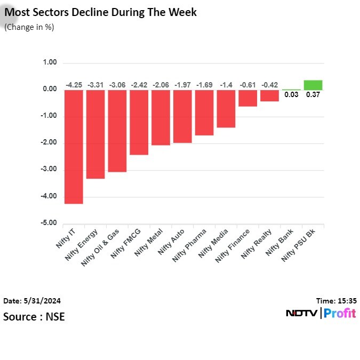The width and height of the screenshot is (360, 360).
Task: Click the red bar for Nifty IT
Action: tap(74, 147)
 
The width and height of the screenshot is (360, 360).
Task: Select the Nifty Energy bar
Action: tap(95, 134)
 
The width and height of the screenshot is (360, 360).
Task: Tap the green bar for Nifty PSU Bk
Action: tap(313, 85)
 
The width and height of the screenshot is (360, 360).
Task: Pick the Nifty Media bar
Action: tap(226, 109)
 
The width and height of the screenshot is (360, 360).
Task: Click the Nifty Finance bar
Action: tap(248, 98)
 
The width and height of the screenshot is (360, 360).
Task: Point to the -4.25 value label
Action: tap(74, 85)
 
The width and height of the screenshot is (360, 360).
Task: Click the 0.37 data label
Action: tap(313, 95)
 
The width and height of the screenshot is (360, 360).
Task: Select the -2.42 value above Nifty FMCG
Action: tap(139, 85)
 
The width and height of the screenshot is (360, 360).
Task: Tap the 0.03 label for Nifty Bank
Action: tap(291, 95)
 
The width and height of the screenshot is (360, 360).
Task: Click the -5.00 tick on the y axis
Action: tap(49, 223)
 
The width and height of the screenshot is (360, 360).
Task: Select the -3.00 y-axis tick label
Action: tap(49, 170)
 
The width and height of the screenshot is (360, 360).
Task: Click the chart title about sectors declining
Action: tap(100, 12)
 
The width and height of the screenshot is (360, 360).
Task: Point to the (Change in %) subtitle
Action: tap(29, 27)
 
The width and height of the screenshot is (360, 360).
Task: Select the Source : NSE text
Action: tap(34, 317)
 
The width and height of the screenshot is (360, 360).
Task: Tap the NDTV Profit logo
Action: tap(321, 313)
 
